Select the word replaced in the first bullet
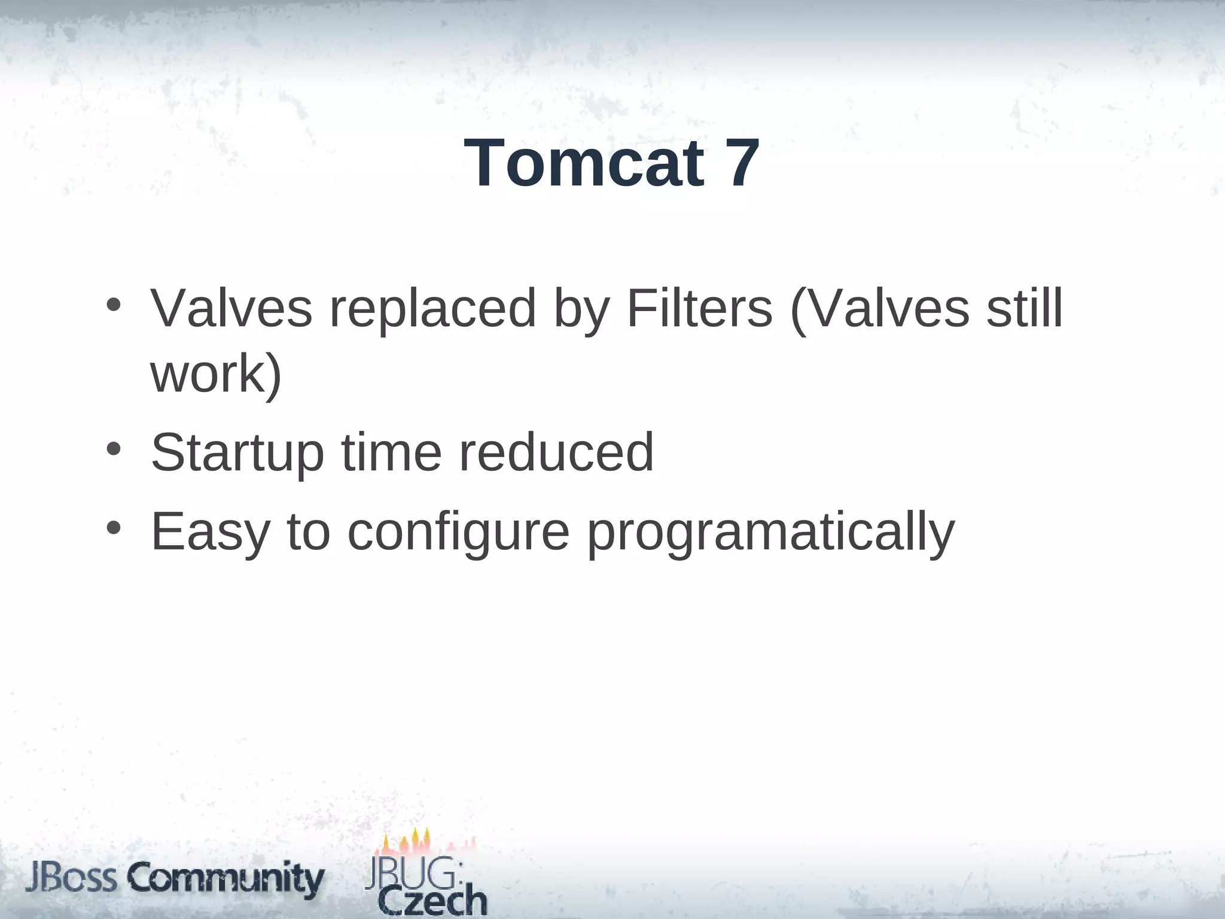coord(432,309)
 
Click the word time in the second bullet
coord(391,452)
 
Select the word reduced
coord(556,452)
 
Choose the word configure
coord(458,532)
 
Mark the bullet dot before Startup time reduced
coord(114,448)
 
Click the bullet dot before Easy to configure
coord(114,528)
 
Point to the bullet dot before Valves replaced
coord(114,305)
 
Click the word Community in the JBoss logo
coord(226,879)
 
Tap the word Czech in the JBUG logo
coord(433,900)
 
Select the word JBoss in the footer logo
coord(72,878)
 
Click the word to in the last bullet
coord(309,532)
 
